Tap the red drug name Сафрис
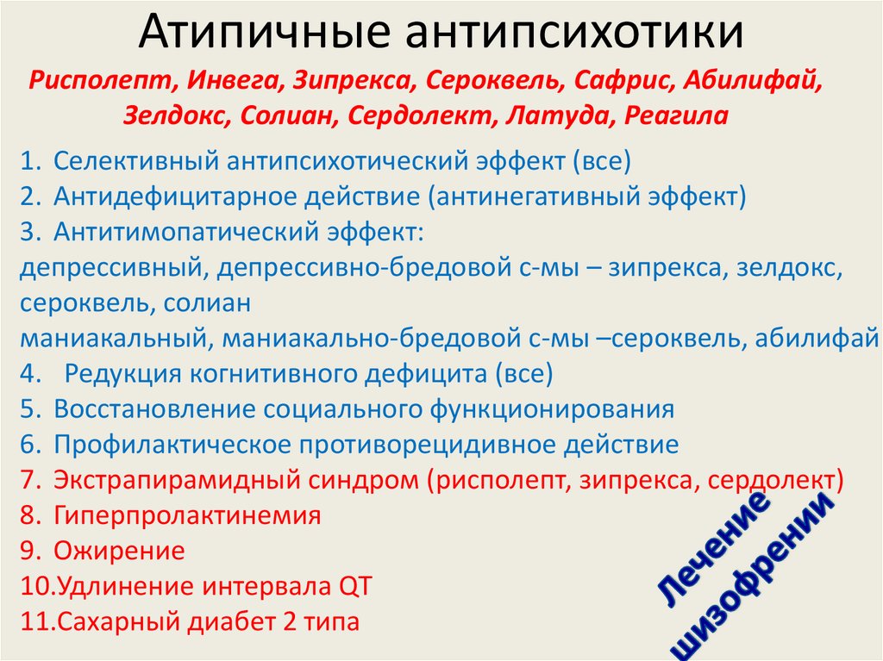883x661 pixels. click(x=622, y=80)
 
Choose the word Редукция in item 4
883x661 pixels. click(x=122, y=374)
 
